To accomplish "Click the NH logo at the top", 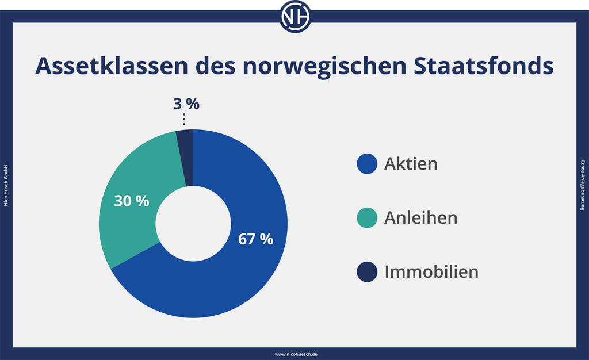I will point(294,16).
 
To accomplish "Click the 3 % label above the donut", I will point(186,104).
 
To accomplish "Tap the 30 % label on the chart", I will point(131,201).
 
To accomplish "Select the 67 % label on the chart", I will point(255,239).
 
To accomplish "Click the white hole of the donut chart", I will point(193,223).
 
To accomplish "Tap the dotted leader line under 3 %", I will point(184,119).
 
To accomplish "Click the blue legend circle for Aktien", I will point(367,164).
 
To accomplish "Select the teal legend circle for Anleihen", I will point(367,218).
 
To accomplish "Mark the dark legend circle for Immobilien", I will point(367,271).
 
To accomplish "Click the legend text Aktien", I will point(411,164).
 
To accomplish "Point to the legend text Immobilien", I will point(431,271).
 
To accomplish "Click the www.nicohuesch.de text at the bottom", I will point(294,354).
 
